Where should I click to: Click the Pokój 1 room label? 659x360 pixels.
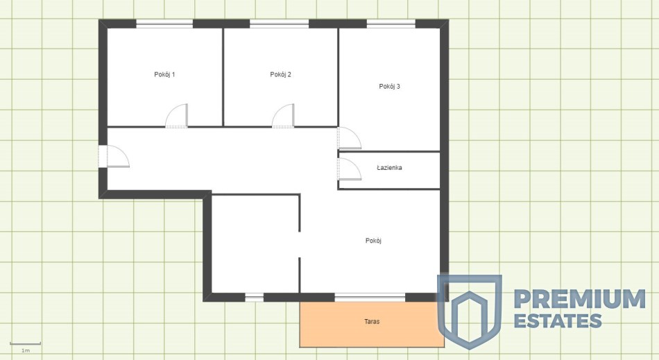164,75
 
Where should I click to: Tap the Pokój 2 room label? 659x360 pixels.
280,75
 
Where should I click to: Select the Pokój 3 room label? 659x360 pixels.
390,87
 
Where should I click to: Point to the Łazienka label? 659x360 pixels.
389,168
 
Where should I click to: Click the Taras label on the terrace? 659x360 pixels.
372,322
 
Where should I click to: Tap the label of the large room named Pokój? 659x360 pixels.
373,241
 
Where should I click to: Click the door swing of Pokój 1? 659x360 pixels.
176,116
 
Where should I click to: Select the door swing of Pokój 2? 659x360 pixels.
283,116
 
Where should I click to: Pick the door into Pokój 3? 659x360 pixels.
349,138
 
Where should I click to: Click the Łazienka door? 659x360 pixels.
349,169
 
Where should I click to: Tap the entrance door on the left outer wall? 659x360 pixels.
114,156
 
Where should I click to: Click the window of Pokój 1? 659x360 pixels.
165,24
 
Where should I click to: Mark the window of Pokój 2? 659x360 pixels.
280,24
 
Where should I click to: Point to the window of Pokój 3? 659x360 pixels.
391,24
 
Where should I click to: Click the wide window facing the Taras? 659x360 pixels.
370,298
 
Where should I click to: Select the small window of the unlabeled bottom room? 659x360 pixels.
255,298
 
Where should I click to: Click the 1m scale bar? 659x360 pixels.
25,344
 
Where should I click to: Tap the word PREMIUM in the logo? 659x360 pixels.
580,299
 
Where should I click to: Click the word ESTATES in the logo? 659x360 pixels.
558,321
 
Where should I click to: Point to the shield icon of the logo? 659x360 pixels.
470,311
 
